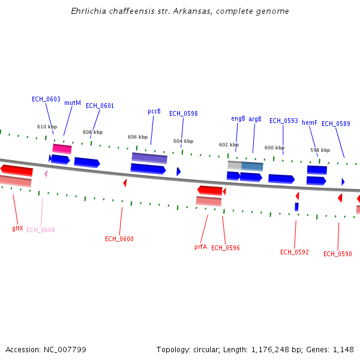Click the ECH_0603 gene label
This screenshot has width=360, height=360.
[x=46, y=99]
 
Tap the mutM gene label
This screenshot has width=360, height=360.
[x=73, y=103]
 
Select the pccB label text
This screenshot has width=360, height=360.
[x=154, y=111]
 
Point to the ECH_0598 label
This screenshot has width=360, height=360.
[x=183, y=113]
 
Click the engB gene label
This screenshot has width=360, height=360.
[x=238, y=118]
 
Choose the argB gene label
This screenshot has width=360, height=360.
[x=255, y=119]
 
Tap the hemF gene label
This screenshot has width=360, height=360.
[x=309, y=122]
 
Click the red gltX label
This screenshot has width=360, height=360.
[x=17, y=228]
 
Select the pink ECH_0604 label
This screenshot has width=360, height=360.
[x=40, y=230]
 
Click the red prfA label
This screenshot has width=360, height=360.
[x=200, y=247]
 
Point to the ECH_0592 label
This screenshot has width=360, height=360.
[x=294, y=252]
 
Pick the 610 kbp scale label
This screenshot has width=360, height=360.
[x=47, y=127]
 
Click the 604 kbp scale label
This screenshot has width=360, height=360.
[x=183, y=141]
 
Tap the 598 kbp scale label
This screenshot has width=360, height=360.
[x=320, y=150]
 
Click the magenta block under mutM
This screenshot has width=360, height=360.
[x=62, y=148]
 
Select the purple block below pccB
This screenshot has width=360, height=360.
[x=149, y=158]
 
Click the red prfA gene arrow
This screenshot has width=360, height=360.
[x=210, y=190]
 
